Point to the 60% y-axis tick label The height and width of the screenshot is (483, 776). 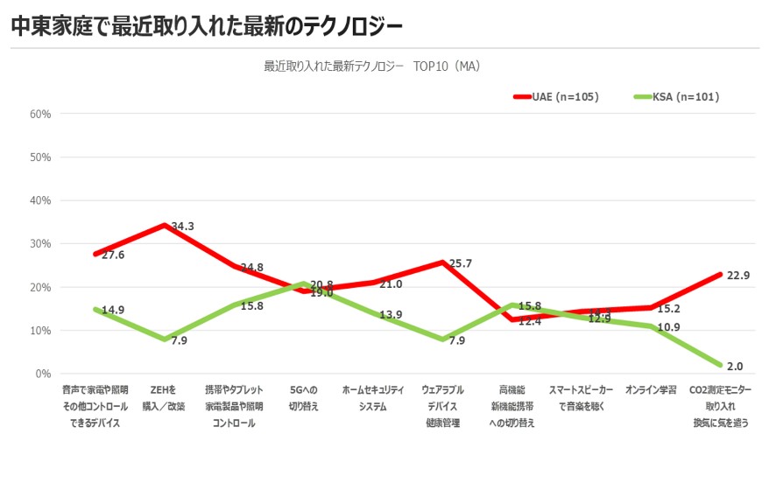40,114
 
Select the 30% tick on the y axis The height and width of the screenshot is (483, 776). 40,244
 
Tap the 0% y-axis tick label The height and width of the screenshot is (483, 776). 43,374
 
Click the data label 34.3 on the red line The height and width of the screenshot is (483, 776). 182,227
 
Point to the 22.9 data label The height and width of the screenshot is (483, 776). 737,276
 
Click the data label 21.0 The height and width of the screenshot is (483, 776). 391,284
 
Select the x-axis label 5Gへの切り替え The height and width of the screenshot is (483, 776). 303,397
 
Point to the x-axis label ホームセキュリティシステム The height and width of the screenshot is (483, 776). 372,397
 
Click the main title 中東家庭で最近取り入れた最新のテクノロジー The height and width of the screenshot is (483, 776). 207,27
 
